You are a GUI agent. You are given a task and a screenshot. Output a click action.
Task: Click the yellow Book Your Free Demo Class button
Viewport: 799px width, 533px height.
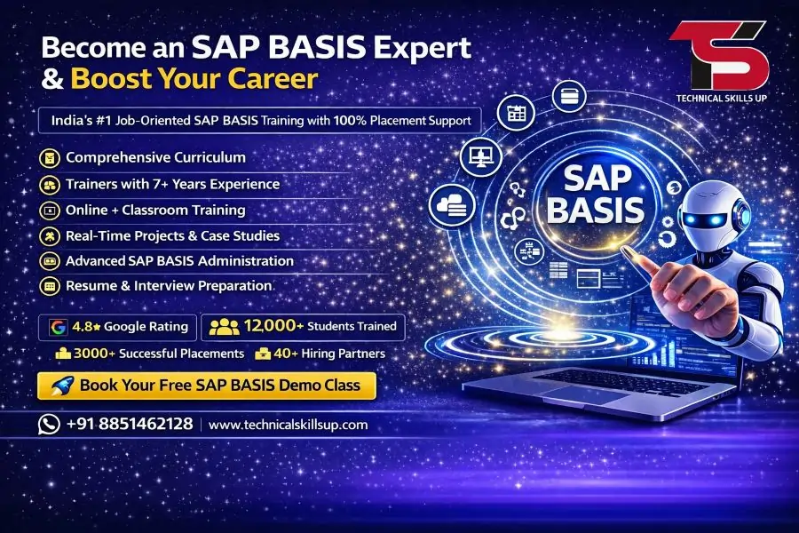tap(207, 386)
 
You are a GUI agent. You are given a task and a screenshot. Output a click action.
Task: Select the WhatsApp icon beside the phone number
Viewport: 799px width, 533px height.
tap(49, 424)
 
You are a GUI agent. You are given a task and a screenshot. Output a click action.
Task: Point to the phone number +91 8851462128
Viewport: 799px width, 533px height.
tap(130, 424)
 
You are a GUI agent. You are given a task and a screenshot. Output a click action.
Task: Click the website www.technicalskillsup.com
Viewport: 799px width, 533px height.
tap(288, 425)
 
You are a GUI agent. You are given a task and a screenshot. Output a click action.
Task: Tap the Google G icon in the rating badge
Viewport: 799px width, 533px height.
tap(59, 327)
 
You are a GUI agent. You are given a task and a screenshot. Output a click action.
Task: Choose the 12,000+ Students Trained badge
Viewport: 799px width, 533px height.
tap(304, 327)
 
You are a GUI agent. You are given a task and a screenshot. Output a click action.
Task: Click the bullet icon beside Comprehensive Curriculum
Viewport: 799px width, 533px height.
tap(51, 158)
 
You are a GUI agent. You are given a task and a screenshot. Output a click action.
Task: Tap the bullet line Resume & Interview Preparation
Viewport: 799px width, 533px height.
tap(169, 286)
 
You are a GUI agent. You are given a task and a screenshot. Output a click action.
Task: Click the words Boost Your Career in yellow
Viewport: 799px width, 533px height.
tap(194, 78)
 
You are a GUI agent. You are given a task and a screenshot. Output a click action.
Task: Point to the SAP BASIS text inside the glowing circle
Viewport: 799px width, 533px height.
tap(595, 195)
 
